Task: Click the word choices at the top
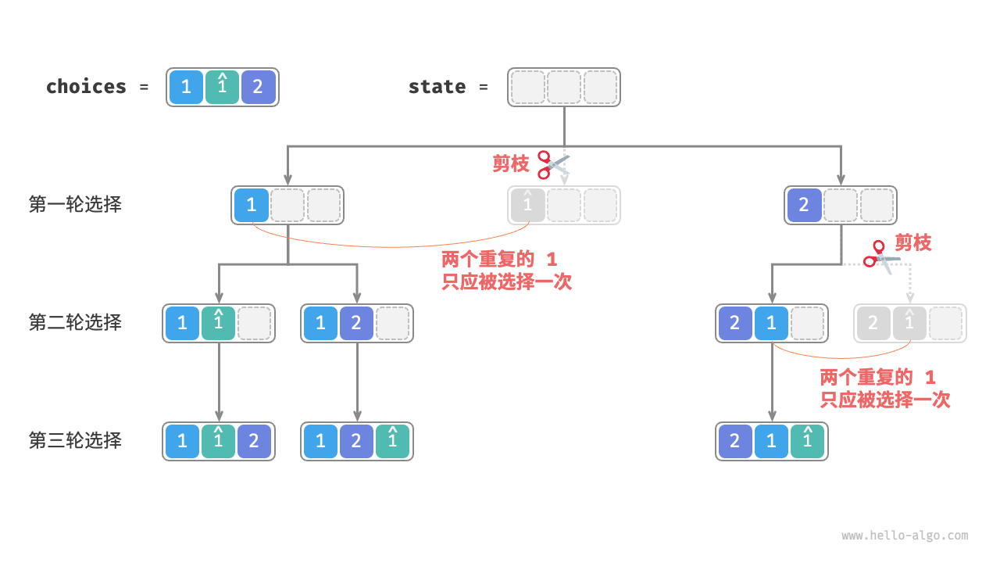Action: [x=86, y=87]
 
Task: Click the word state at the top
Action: [x=437, y=87]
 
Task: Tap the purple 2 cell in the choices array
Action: [x=258, y=87]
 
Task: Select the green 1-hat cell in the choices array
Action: [x=222, y=87]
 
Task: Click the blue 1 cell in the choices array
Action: [x=186, y=87]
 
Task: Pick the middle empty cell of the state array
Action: [x=564, y=87]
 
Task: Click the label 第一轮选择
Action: [x=75, y=205]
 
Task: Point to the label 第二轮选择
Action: [x=75, y=322]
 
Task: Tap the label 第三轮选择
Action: [x=75, y=440]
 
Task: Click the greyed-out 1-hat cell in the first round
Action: [x=527, y=205]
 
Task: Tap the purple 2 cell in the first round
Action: [x=804, y=205]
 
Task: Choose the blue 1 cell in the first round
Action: [x=251, y=205]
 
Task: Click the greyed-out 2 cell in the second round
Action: [x=873, y=323]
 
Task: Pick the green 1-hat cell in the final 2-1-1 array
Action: [x=807, y=441]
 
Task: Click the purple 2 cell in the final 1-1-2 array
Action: [x=254, y=441]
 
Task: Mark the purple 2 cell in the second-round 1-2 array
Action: [x=356, y=323]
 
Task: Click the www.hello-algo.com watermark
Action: [x=905, y=536]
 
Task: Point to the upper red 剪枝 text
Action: [x=511, y=163]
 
